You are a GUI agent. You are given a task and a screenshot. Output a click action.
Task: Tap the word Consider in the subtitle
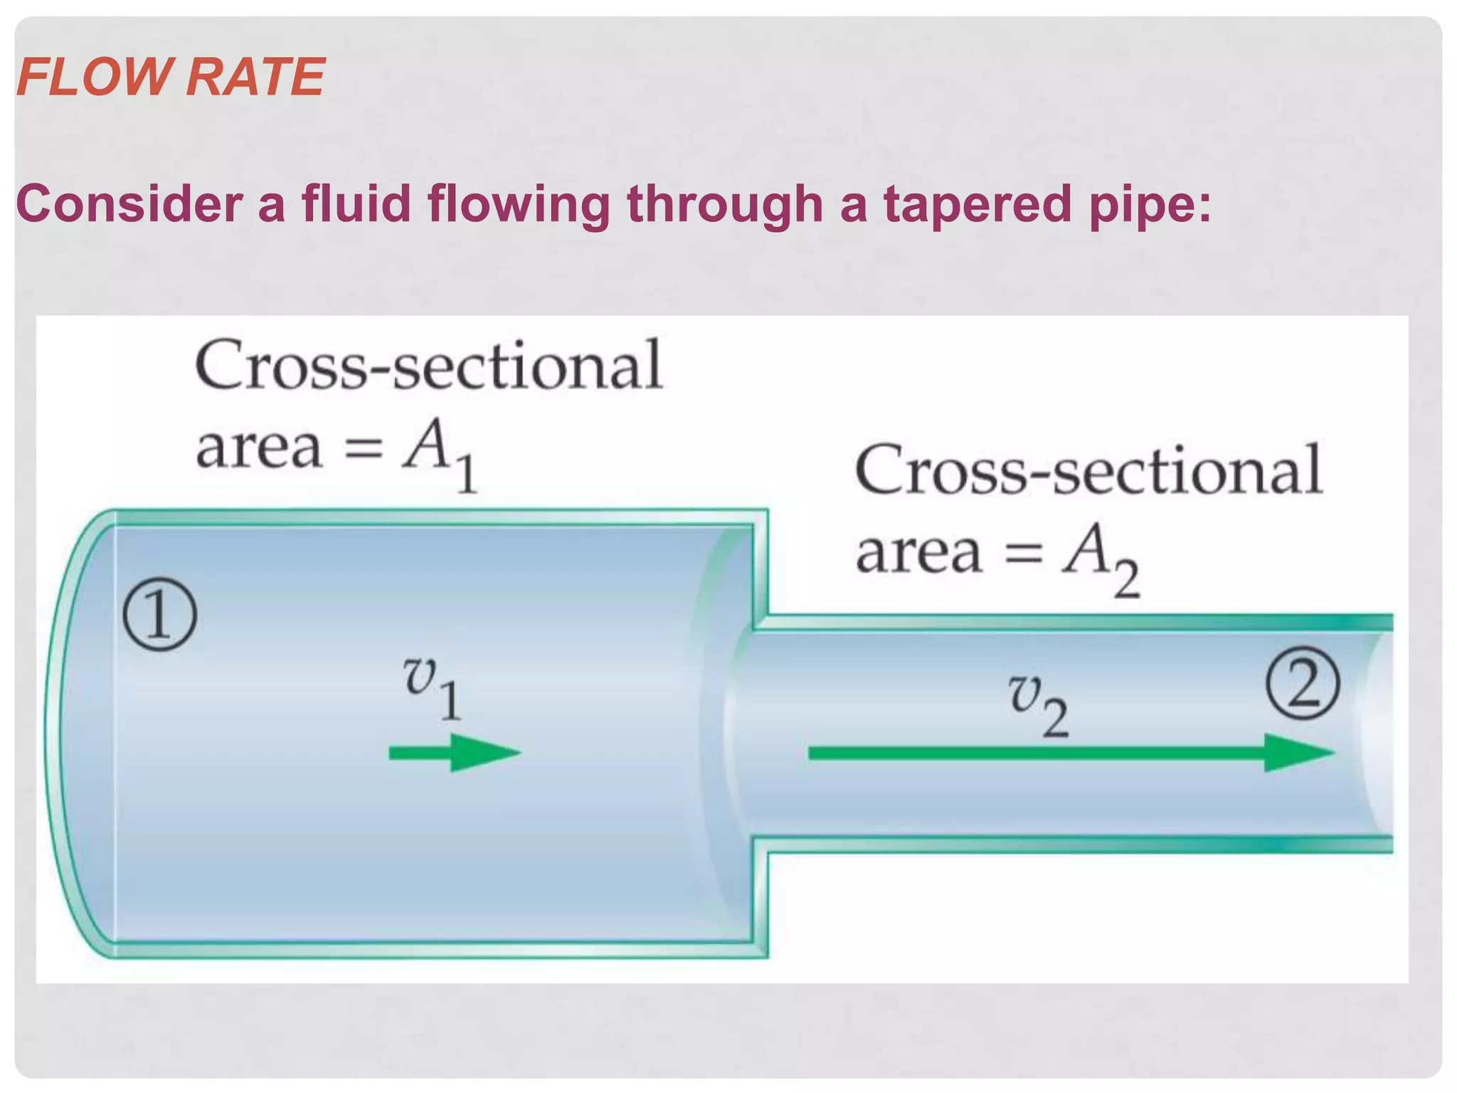tap(129, 204)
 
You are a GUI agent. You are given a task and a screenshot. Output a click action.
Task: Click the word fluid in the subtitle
tap(356, 204)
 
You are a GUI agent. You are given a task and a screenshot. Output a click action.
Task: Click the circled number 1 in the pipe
tap(159, 615)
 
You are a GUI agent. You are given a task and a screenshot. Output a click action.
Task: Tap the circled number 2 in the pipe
tap(1303, 685)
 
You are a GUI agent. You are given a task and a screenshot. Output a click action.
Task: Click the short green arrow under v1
tap(455, 753)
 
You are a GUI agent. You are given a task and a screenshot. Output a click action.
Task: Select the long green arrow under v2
tap(1067, 753)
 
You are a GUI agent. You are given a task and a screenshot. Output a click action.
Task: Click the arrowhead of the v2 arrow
tap(1298, 753)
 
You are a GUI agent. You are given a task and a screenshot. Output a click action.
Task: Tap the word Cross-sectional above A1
tap(429, 366)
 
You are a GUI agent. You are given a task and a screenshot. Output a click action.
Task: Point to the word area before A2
tap(918, 553)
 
